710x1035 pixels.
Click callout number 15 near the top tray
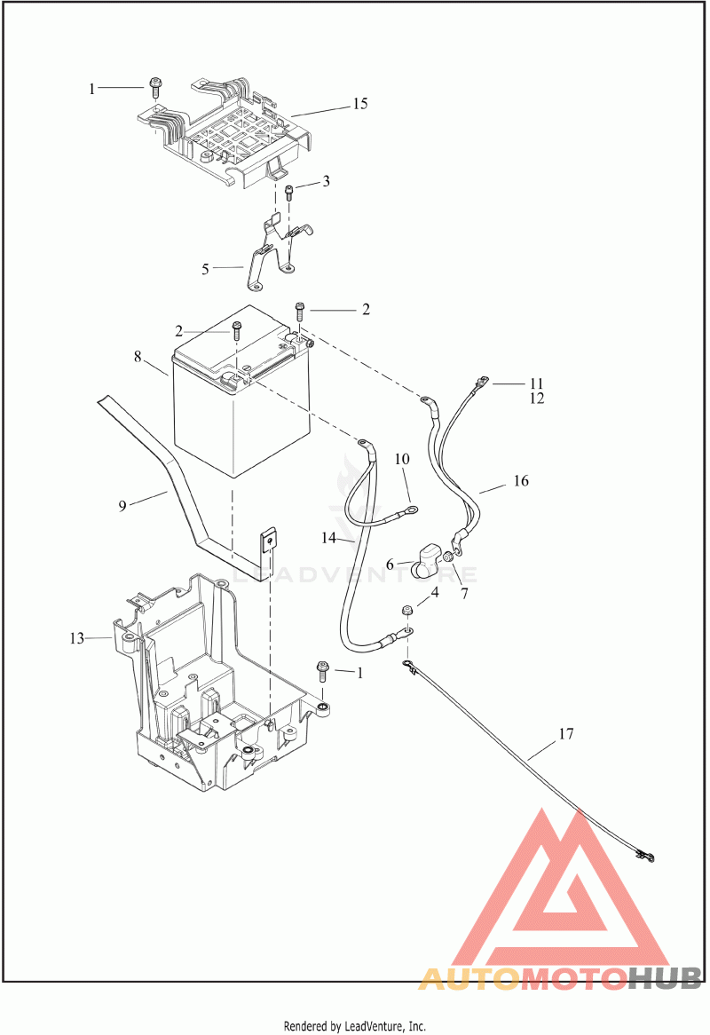click(x=359, y=104)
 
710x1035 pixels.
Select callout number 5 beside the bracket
click(x=205, y=269)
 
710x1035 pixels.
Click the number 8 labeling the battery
click(x=138, y=357)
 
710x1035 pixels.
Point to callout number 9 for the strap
click(x=122, y=507)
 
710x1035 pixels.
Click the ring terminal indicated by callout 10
click(x=411, y=509)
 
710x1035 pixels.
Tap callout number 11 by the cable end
click(x=536, y=383)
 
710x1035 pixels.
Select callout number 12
click(x=536, y=399)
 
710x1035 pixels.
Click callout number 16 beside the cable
click(x=521, y=480)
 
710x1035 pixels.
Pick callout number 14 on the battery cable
click(x=328, y=539)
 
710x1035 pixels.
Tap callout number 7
click(x=464, y=594)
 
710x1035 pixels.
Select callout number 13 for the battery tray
click(x=77, y=638)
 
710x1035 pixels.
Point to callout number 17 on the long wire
click(x=566, y=733)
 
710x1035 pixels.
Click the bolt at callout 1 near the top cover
click(x=156, y=86)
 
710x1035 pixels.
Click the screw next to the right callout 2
click(x=300, y=311)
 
